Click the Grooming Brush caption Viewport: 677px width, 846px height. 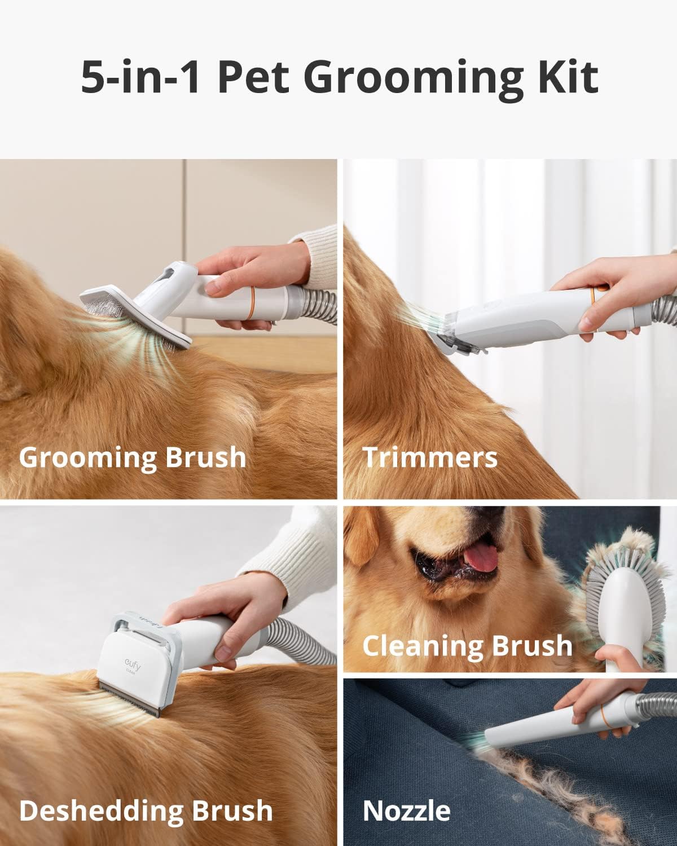[x=133, y=457]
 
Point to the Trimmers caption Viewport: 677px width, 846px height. [x=430, y=457]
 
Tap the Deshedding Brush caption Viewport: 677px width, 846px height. [x=146, y=811]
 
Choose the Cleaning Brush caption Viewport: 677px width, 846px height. [x=467, y=646]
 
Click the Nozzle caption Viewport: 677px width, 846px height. [x=406, y=811]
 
